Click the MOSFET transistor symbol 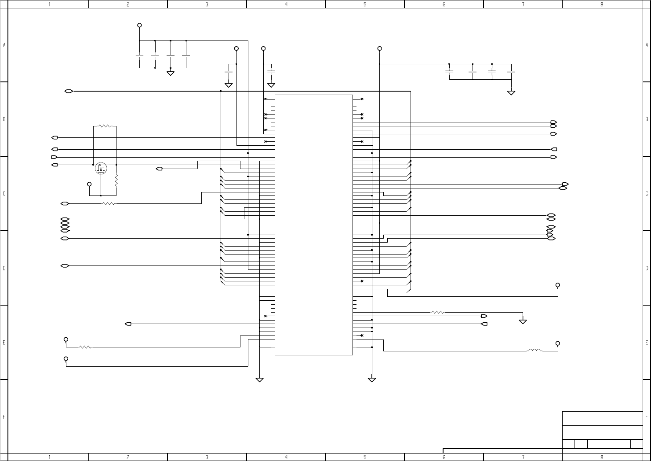tap(101, 168)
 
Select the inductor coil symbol tap(535, 350)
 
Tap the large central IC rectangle tap(313, 225)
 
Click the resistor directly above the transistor tap(105, 126)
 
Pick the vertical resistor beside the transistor tap(116, 180)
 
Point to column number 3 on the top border tap(207, 4)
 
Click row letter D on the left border tap(4, 268)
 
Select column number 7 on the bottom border tap(523, 457)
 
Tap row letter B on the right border tap(647, 119)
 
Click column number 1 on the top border tap(49, 4)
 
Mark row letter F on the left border tap(4, 417)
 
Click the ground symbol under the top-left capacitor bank tap(171, 73)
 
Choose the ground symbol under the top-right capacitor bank tap(511, 92)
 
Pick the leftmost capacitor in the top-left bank tap(140, 56)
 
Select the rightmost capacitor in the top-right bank tap(511, 71)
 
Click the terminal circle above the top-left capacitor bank tap(140, 25)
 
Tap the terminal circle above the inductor tap(558, 343)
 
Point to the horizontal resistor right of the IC tap(438, 312)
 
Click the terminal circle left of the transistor tap(89, 184)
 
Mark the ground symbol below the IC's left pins tap(259, 380)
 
